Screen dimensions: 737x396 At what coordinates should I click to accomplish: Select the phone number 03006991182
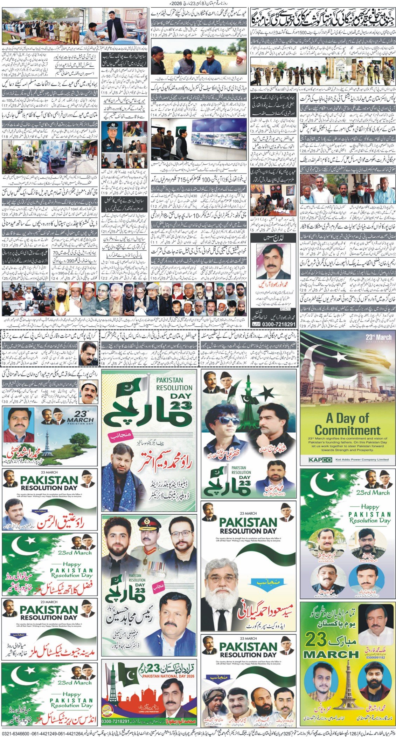(374, 628)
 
